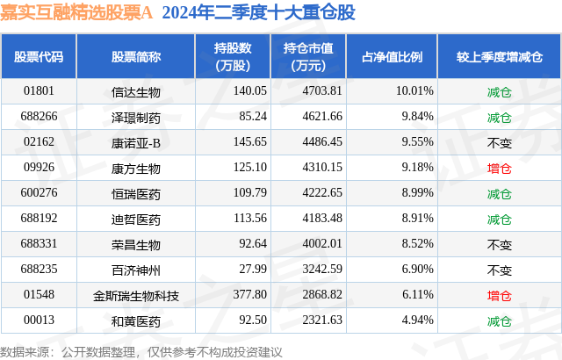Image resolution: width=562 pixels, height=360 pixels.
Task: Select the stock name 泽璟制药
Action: (136, 117)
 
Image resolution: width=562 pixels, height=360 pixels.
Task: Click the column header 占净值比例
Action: (392, 57)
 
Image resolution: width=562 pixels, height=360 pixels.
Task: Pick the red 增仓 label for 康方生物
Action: (499, 167)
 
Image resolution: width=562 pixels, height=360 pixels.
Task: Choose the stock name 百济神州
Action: (136, 269)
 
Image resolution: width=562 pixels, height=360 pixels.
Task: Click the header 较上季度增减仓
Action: (499, 57)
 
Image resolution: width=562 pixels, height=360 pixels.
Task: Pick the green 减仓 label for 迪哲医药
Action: (499, 218)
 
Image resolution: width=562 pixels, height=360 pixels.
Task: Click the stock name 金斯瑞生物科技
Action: (136, 294)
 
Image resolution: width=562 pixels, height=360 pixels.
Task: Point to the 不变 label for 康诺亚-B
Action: (499, 141)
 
